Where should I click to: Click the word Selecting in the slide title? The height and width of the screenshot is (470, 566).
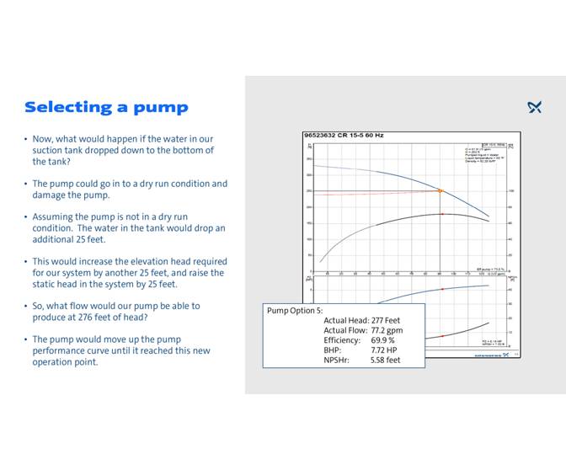[x=67, y=107]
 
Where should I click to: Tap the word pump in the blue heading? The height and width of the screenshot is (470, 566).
[x=165, y=108]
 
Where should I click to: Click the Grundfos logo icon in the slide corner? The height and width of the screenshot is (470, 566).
[x=534, y=107]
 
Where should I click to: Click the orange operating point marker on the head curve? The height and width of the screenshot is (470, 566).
[x=440, y=190]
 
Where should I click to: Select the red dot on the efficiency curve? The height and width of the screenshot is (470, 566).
[x=441, y=214]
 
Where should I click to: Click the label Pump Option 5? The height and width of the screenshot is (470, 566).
[x=295, y=310]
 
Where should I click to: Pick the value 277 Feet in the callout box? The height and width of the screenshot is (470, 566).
[x=386, y=320]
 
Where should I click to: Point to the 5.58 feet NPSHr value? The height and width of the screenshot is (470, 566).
[x=386, y=361]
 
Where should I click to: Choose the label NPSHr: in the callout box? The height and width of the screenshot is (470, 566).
[x=337, y=361]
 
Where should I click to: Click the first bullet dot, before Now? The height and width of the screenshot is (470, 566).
[x=25, y=139]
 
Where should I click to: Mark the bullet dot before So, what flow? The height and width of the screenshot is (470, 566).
[x=25, y=306]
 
